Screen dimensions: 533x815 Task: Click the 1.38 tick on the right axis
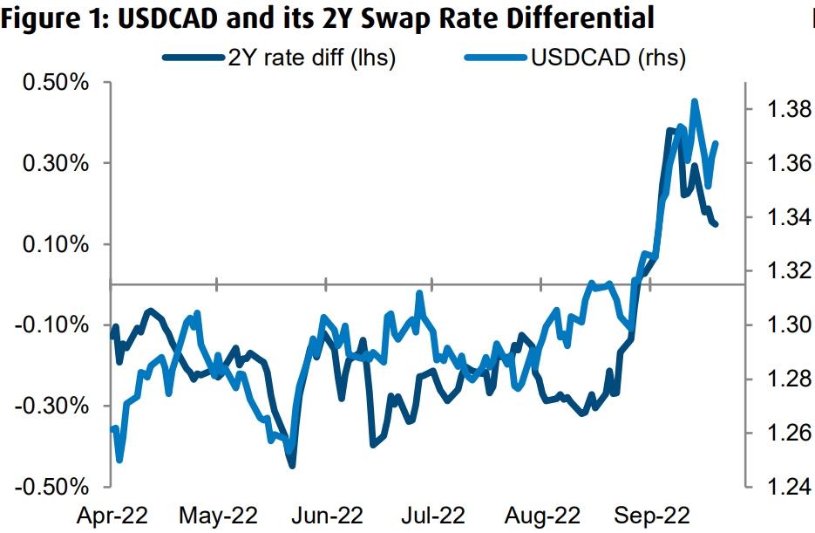pyautogui.click(x=779, y=110)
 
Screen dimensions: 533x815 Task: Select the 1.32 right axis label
pyautogui.click(x=779, y=271)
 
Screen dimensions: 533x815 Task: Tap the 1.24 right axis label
pyautogui.click(x=779, y=487)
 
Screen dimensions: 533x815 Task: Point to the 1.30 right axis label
pyautogui.click(x=779, y=325)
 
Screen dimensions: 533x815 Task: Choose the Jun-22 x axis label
pyautogui.click(x=326, y=514)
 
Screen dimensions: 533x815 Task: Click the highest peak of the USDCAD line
pyautogui.click(x=695, y=101)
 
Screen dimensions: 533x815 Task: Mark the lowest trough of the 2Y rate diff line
pyautogui.click(x=292, y=465)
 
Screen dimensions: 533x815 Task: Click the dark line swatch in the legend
pyautogui.click(x=187, y=58)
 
